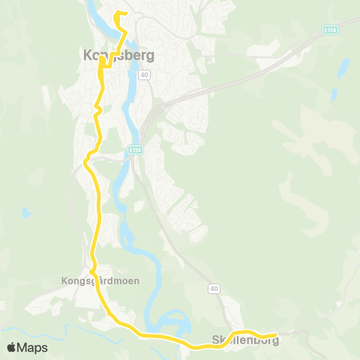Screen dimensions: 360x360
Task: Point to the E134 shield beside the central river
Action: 134,149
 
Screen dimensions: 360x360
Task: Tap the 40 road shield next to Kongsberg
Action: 145,74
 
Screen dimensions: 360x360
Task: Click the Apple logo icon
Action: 13,347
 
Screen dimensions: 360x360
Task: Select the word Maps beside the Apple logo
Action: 33,347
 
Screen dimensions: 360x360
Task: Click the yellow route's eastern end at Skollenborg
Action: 275,334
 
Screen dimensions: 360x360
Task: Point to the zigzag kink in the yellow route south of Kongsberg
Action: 97,111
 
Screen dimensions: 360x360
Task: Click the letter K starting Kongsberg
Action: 85,55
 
